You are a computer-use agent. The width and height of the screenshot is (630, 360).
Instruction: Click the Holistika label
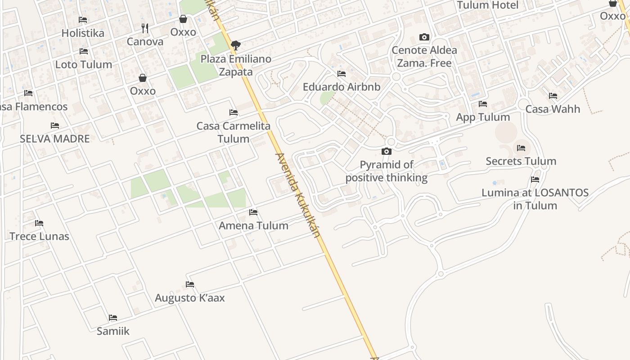tap(83, 33)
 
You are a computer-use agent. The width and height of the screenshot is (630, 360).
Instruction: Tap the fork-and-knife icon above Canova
tap(145, 28)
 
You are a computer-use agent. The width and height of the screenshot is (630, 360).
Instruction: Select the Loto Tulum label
tap(84, 64)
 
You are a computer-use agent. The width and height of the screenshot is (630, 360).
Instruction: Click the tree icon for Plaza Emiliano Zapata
tap(235, 45)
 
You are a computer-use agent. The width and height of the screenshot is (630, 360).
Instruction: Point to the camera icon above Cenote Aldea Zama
tap(424, 37)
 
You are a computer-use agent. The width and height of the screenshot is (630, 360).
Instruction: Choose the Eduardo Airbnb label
tap(342, 87)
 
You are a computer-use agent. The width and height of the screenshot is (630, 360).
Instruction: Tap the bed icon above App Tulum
tap(483, 104)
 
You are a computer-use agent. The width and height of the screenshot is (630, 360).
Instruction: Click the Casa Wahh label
tap(553, 109)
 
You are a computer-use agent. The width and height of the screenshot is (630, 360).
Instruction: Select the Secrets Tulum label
tap(521, 161)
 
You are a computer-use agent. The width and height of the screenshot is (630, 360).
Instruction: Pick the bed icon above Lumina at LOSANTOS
tap(535, 180)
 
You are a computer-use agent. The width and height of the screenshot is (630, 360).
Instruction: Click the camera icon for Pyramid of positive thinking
tap(386, 151)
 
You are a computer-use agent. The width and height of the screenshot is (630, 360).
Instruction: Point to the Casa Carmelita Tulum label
tap(234, 132)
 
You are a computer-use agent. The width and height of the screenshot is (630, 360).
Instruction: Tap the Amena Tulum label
tap(253, 225)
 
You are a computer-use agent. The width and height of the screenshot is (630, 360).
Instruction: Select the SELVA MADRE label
tap(55, 139)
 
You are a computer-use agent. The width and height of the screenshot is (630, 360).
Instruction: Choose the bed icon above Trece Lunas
tap(39, 223)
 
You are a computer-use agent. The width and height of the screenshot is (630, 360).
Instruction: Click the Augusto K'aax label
tap(190, 298)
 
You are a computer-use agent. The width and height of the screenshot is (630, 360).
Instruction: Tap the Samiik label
tap(113, 331)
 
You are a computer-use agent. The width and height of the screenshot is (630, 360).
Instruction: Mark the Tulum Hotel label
tap(488, 5)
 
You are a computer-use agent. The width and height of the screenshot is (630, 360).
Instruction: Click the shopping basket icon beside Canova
tap(183, 19)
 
